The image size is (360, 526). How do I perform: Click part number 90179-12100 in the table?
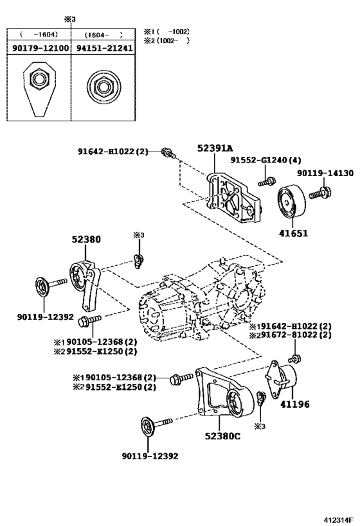(40, 48)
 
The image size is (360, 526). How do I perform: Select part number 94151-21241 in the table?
(102, 48)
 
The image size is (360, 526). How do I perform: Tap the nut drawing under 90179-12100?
(40, 86)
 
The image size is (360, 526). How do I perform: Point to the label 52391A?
(215, 148)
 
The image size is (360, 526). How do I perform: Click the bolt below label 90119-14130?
(320, 191)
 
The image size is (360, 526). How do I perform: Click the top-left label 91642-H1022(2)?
(113, 152)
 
